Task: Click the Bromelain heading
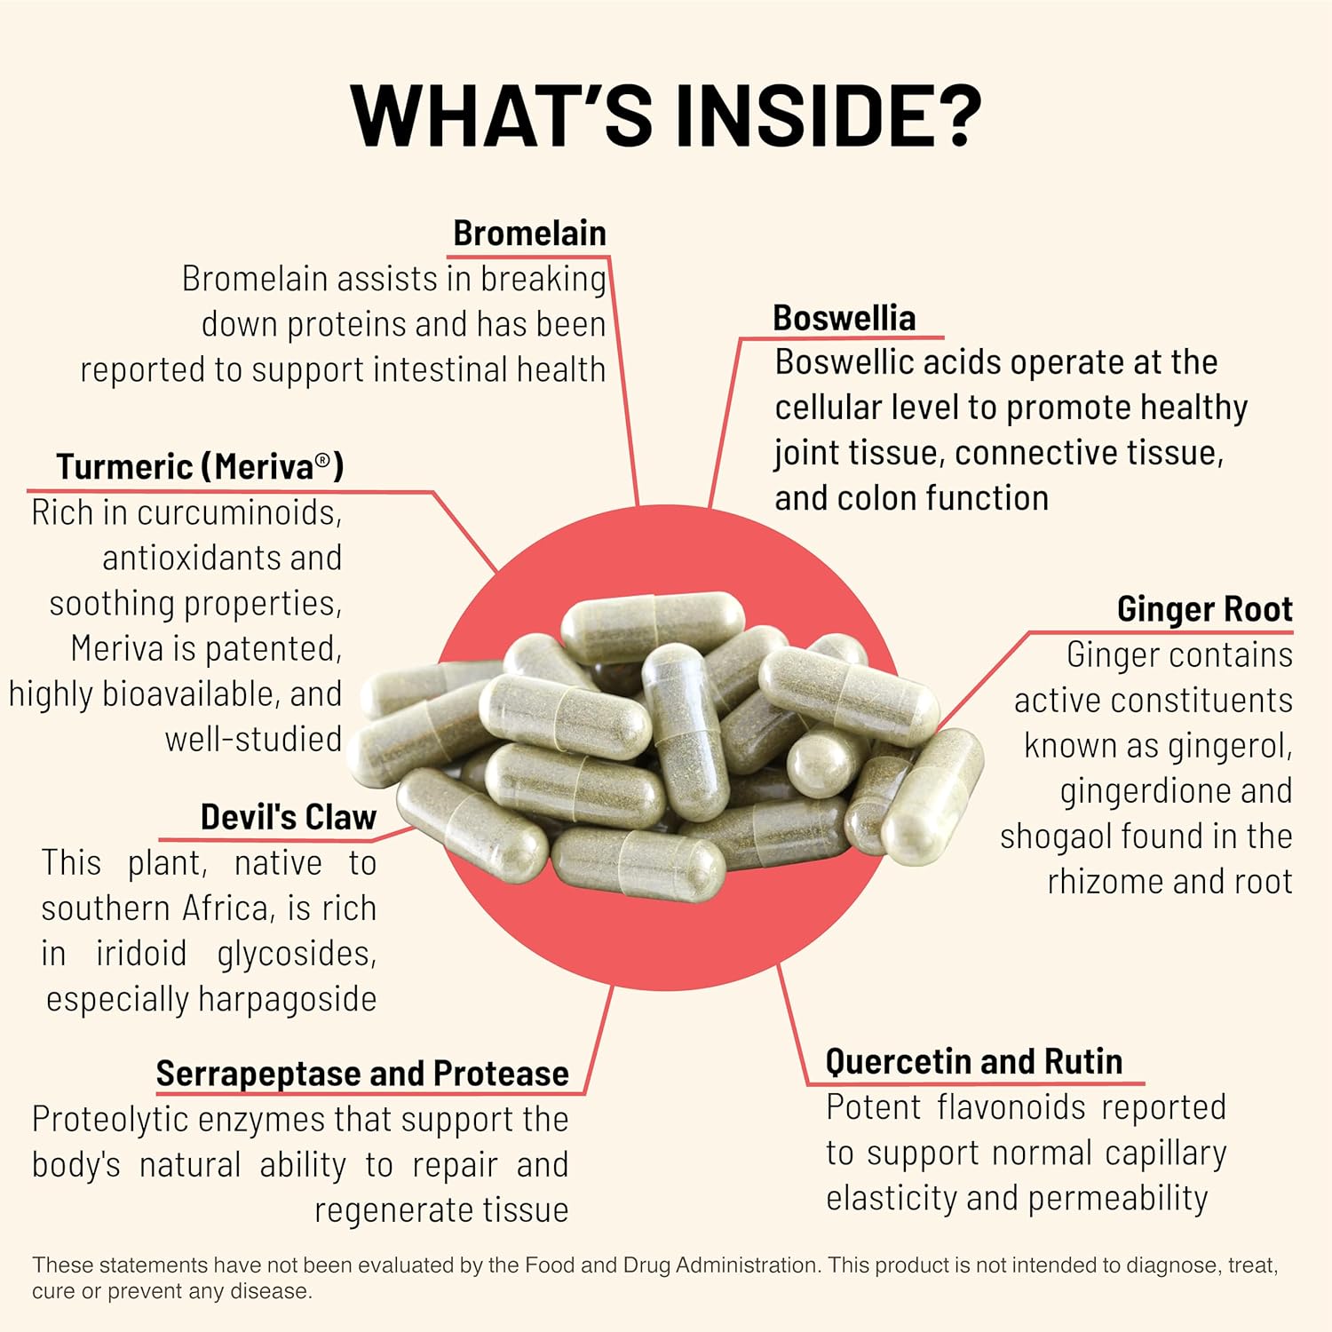click(529, 234)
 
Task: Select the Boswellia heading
click(844, 318)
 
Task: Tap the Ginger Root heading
click(1204, 609)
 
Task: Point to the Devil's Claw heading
click(288, 817)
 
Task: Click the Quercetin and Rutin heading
click(973, 1061)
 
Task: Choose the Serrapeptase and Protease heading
click(362, 1074)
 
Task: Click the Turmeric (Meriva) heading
click(200, 466)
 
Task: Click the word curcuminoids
click(237, 512)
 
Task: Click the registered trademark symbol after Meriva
click(323, 460)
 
